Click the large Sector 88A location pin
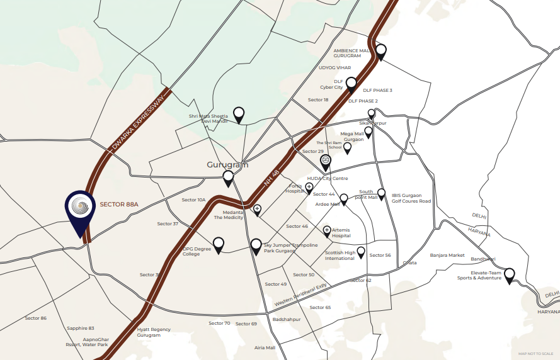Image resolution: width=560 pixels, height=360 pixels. (80, 210)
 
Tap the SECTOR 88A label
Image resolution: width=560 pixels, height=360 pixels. (118, 205)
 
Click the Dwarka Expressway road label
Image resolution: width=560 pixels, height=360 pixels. (141, 124)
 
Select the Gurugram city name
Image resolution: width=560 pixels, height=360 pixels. (227, 165)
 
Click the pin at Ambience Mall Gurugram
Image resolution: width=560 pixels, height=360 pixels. (380, 51)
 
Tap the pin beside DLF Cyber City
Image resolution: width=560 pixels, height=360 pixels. (351, 84)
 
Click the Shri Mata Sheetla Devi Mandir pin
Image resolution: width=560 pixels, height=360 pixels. (239, 114)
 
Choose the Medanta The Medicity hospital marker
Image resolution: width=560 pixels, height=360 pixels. (257, 210)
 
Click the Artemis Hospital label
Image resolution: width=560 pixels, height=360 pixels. (345, 233)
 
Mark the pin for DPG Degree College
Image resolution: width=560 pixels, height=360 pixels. (219, 244)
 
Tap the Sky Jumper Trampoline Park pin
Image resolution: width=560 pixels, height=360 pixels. (256, 245)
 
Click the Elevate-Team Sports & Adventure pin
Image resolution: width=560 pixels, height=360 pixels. (509, 275)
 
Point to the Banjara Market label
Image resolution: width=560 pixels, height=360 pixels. (447, 256)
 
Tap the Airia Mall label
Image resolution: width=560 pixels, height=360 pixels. (265, 347)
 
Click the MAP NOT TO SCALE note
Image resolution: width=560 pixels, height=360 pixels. (536, 354)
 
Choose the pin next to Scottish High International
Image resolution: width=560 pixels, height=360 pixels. (361, 252)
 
